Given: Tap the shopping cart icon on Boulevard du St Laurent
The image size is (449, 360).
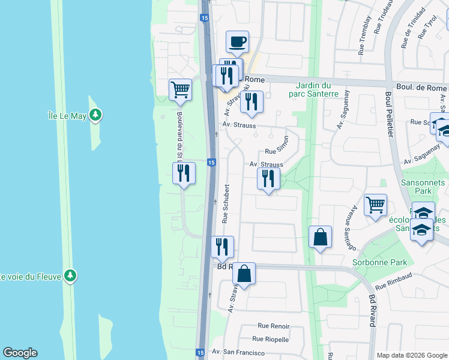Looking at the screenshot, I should tap(180, 90).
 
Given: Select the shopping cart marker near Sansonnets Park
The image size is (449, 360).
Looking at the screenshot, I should tap(375, 205).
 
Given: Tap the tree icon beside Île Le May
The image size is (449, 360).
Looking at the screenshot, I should tap(95, 115).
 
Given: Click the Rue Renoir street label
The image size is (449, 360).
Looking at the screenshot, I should tap(274, 326).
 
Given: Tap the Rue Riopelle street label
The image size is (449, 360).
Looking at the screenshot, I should tap(273, 339).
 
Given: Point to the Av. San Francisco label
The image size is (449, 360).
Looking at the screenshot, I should tap(238, 352).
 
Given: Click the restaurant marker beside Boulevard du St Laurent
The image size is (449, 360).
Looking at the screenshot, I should tap(184, 174).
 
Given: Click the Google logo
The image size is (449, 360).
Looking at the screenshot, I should tap(20, 353).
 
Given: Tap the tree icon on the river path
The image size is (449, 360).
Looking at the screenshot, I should tap(71, 275).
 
